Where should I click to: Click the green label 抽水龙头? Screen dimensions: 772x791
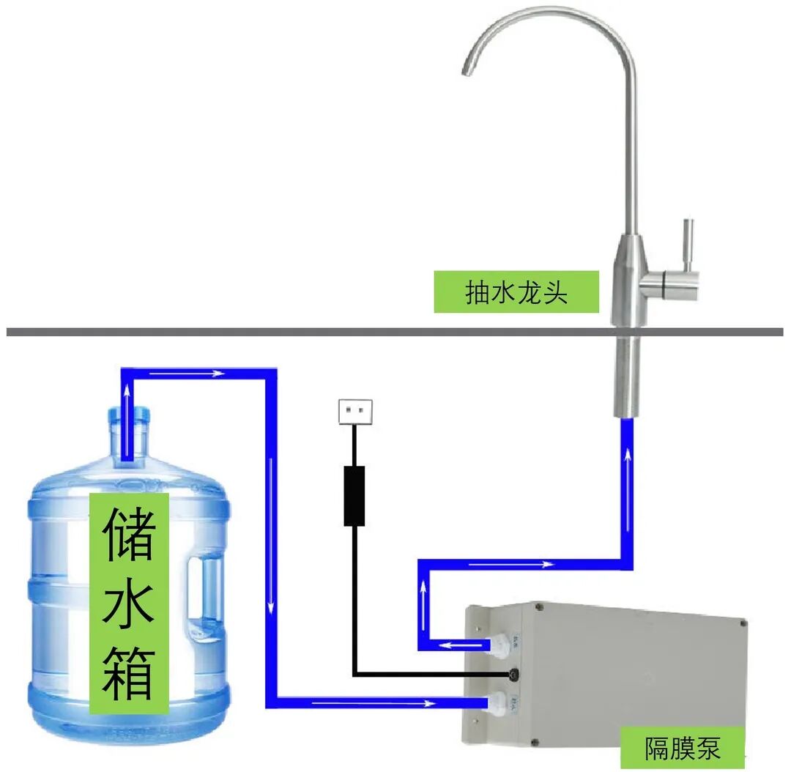click(x=516, y=292)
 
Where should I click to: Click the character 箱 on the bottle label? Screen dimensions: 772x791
click(x=129, y=672)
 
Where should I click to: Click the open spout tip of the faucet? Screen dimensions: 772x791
click(x=466, y=72)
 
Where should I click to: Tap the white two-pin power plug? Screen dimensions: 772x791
click(x=355, y=411)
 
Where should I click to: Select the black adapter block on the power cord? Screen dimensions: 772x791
click(x=354, y=496)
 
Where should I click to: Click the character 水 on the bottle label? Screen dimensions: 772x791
click(x=129, y=604)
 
